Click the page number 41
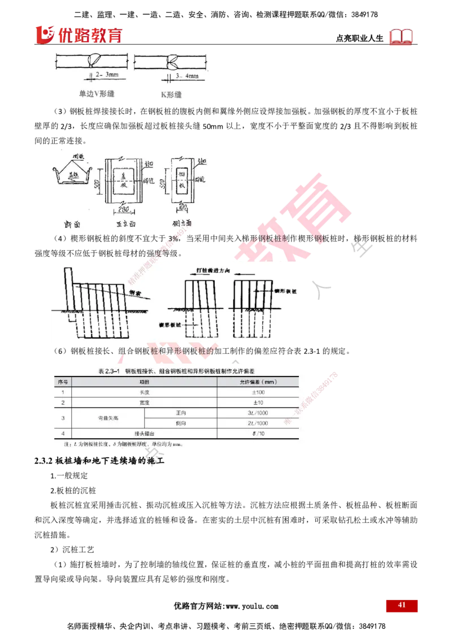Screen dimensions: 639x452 point(402,605)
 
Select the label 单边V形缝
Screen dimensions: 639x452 point(96,94)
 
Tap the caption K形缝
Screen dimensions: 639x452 point(170,94)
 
